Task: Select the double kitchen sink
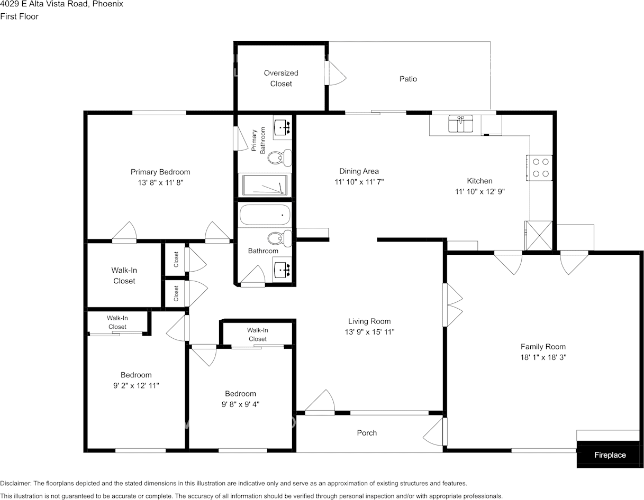click(x=460, y=124)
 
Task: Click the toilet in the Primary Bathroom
click(x=280, y=158)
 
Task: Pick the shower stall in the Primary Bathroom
click(x=266, y=185)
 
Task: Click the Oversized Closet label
click(x=281, y=78)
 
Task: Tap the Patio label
click(x=408, y=79)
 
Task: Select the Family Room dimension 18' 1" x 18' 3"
click(x=543, y=357)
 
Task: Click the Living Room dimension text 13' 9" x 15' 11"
click(x=369, y=332)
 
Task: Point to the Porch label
click(x=367, y=433)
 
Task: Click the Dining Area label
click(x=359, y=171)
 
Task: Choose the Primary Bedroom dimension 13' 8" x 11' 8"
click(x=160, y=182)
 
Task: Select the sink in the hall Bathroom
click(x=282, y=268)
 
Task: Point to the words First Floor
click(x=19, y=16)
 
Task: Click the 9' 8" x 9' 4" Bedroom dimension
click(x=240, y=404)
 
